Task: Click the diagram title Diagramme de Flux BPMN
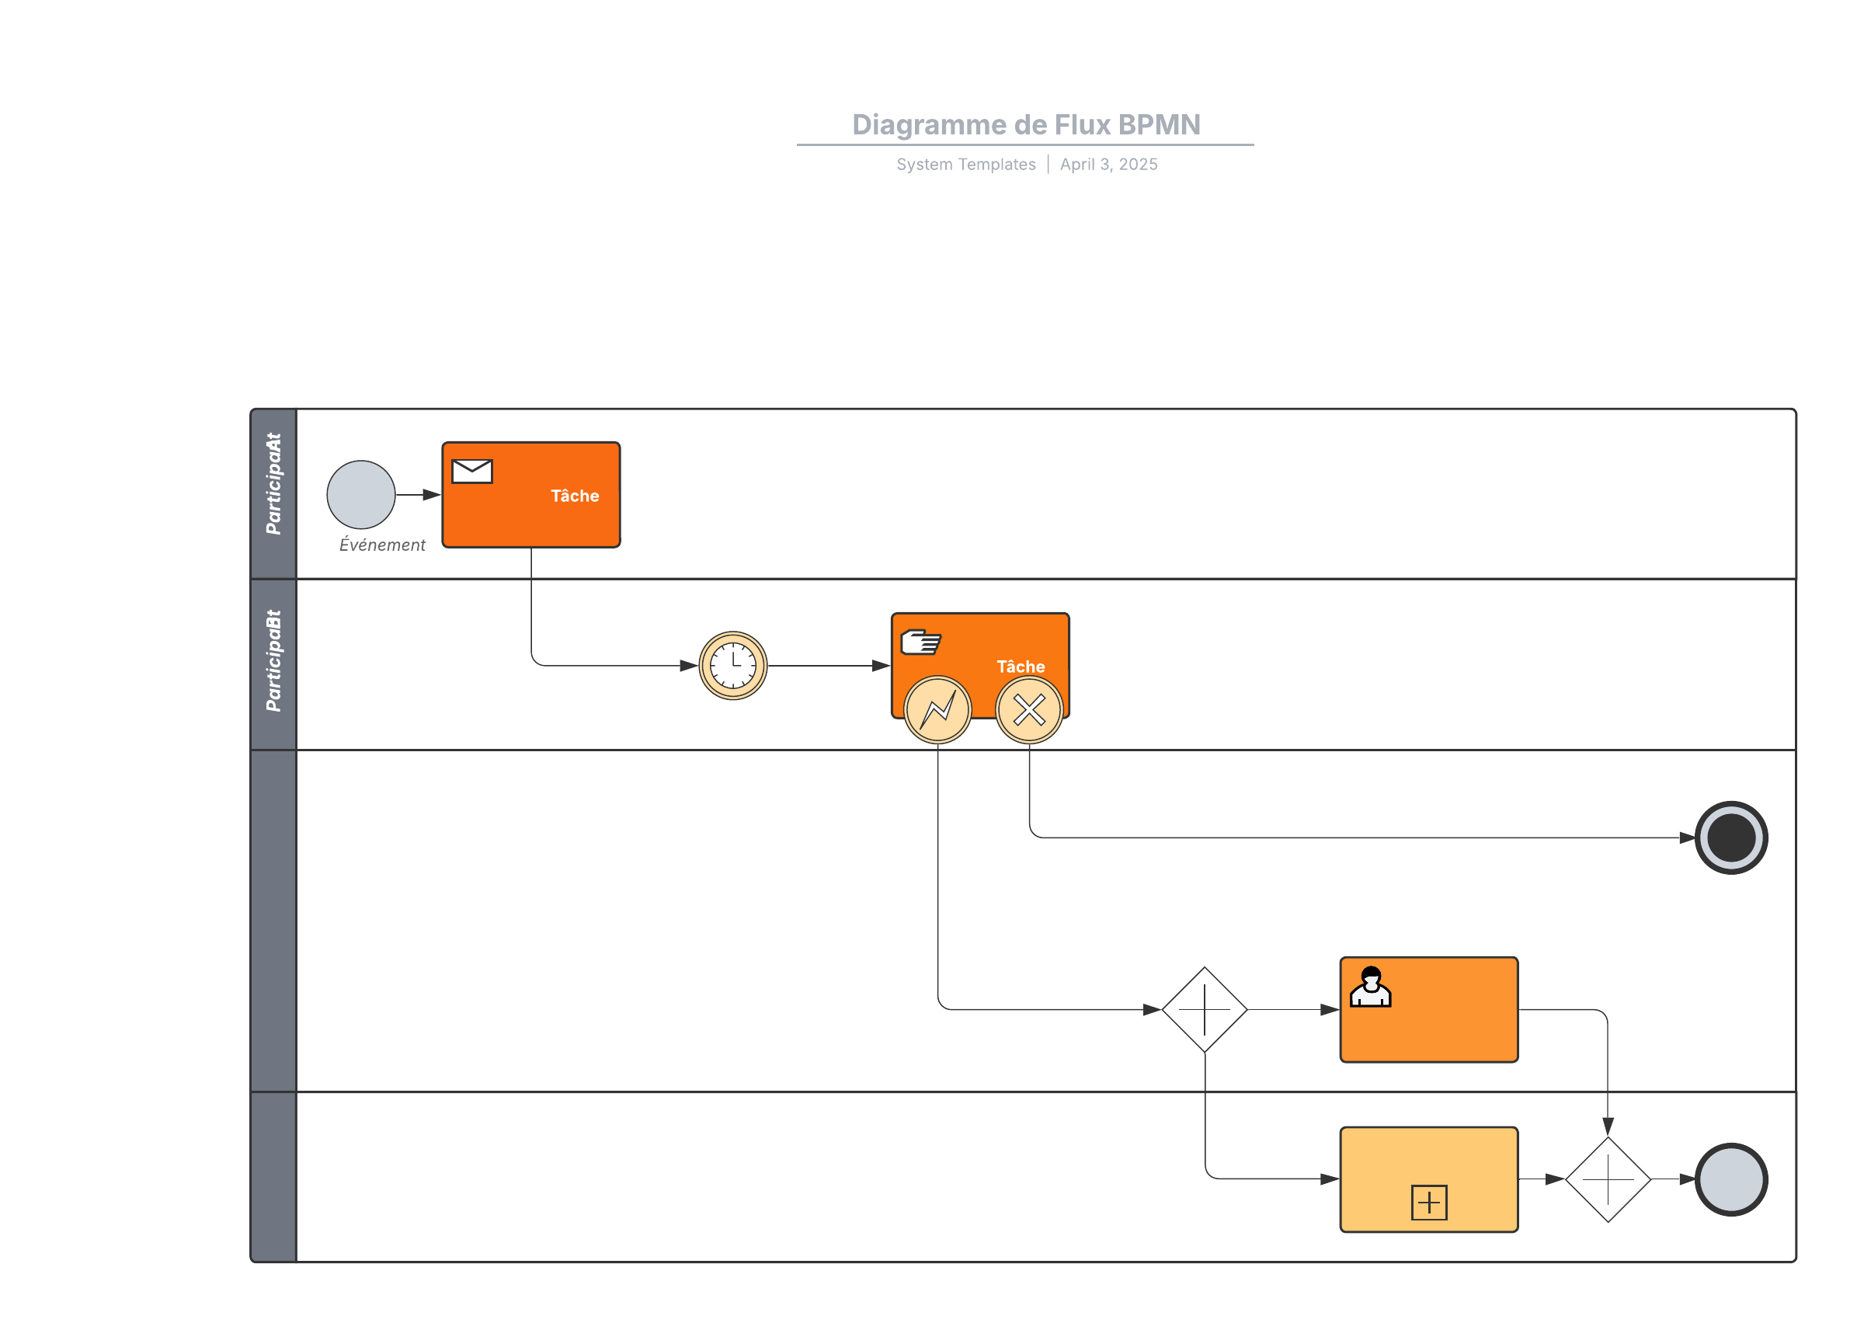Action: (x=1026, y=124)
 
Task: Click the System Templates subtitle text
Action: (x=965, y=165)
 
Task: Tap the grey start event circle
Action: (x=361, y=495)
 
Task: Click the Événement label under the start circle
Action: (x=382, y=545)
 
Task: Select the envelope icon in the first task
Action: (x=472, y=472)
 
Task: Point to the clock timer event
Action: (x=732, y=666)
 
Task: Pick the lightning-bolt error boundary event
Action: (x=937, y=709)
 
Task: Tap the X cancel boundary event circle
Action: (x=1029, y=709)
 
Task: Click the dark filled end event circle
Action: (x=1730, y=837)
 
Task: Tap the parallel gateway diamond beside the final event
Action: (x=1608, y=1179)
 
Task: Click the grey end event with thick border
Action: (x=1730, y=1179)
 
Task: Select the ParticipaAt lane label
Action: (x=273, y=484)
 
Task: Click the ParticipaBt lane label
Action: (x=273, y=661)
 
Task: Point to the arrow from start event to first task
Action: (x=419, y=495)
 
